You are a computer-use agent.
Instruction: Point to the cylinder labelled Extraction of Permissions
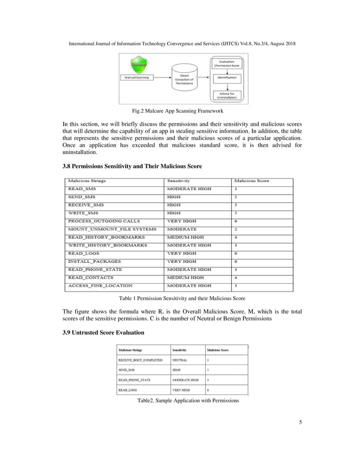184,79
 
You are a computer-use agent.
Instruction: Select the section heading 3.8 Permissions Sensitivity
131,166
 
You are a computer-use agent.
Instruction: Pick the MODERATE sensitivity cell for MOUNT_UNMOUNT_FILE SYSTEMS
182,230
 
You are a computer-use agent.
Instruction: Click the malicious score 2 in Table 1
236,230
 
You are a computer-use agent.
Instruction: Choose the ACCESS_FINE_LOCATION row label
100,286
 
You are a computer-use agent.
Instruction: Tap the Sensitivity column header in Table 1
179,181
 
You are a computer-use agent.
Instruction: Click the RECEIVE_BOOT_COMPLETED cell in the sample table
140,359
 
